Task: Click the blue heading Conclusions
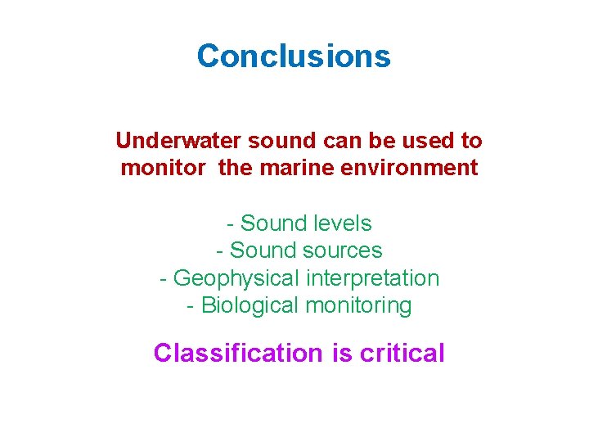[x=294, y=56]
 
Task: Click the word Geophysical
[x=237, y=278]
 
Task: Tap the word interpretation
[x=373, y=278]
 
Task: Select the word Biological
[x=250, y=306]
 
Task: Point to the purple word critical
[x=402, y=354]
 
